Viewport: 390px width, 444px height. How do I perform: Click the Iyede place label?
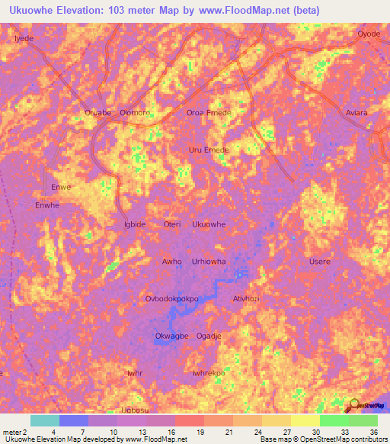(25, 37)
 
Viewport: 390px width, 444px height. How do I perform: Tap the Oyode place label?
(369, 34)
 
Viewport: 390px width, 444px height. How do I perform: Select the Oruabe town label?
(97, 113)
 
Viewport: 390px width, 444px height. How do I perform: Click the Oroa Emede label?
(209, 113)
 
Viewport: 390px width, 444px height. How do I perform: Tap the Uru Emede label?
(209, 150)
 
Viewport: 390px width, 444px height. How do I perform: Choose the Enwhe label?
(47, 205)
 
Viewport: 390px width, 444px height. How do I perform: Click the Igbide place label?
(134, 224)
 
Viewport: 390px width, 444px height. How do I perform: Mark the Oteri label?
(172, 224)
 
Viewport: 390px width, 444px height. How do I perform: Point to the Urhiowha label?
(209, 262)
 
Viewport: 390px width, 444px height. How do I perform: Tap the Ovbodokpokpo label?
(171, 299)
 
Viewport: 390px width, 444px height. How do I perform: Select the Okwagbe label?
(171, 336)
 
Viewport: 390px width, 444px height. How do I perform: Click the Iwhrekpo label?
(209, 374)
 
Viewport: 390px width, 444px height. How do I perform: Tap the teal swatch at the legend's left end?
(45, 420)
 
